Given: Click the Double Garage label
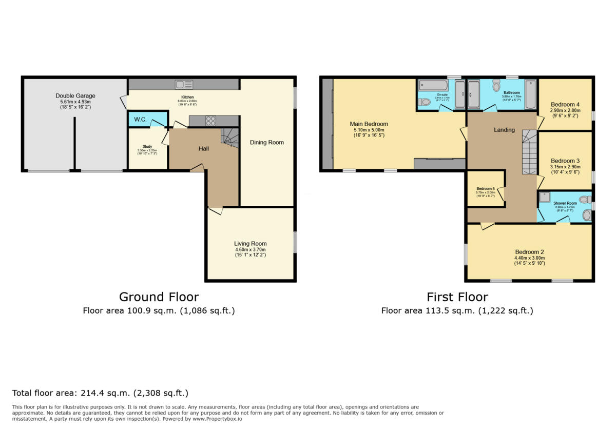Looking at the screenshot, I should (75, 96).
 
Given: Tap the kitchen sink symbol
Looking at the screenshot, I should (183, 84).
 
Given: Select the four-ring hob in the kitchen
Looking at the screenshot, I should (210, 121).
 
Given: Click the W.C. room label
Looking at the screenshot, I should (141, 120).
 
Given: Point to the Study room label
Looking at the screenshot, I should (147, 147).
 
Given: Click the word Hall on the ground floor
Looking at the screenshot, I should (204, 149).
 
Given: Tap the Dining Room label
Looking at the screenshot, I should (267, 142).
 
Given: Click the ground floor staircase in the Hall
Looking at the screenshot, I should (230, 136).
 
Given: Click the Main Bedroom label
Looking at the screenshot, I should (369, 124).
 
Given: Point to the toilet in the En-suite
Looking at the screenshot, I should (424, 102).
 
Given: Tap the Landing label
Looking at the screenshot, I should (504, 130).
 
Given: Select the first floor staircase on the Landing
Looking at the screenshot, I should (529, 152).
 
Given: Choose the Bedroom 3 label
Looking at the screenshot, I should (565, 161).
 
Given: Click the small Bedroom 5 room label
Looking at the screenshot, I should (485, 188).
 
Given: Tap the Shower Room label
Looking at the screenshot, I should (565, 203).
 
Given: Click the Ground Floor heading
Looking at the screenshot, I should (159, 297).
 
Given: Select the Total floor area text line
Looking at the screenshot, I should (101, 394).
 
